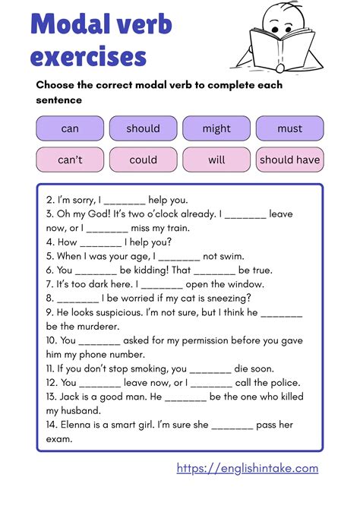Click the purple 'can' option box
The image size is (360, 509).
70,128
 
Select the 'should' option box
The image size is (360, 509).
143,128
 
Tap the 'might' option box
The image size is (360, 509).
216,128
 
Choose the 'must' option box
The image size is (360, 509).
289,128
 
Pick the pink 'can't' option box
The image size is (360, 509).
70,160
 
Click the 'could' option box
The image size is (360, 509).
143,160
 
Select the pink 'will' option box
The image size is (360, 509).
216,160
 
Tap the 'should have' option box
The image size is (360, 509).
289,160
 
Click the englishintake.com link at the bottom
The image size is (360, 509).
248,469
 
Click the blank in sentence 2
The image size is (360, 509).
124,201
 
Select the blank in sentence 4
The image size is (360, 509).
100,243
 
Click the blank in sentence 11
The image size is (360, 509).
210,369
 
